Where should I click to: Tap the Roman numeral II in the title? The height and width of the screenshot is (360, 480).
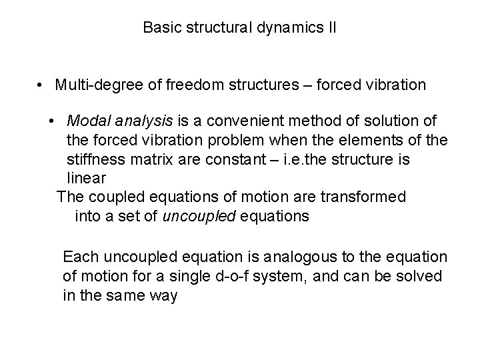(x=329, y=28)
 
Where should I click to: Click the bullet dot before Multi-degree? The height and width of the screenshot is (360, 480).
(x=41, y=85)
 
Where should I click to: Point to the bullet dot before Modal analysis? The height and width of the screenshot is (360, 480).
(x=52, y=121)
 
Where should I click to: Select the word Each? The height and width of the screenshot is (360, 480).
(x=77, y=257)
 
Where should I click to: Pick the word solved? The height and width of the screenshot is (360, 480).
(x=422, y=276)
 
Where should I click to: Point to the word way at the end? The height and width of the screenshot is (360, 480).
(x=163, y=295)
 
